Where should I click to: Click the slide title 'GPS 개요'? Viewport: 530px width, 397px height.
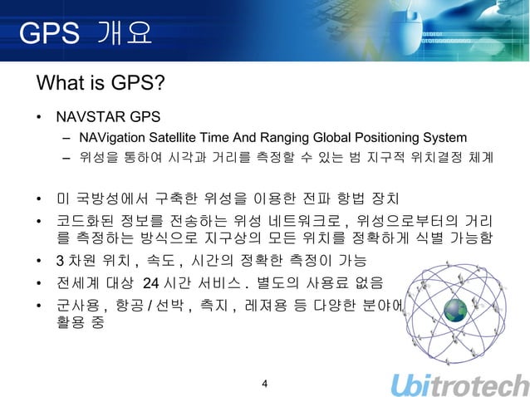(x=86, y=34)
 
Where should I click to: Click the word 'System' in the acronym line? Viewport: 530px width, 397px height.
(x=444, y=136)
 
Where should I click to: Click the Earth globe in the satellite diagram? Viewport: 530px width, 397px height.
(x=457, y=311)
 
